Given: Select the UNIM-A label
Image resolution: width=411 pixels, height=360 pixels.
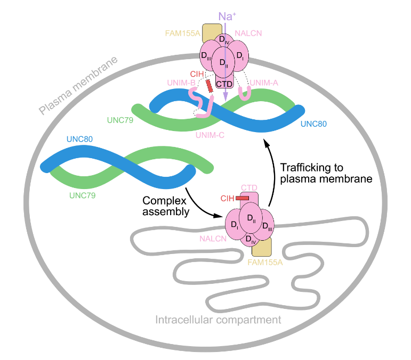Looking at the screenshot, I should point(264,81).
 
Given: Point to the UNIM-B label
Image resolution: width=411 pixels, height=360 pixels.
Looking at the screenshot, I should point(180,82).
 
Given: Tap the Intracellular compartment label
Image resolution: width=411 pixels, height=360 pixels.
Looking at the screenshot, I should point(218,320).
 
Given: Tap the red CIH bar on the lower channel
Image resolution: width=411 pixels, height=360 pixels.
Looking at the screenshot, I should point(242,198).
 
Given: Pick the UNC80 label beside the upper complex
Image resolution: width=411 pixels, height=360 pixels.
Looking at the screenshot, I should point(313,124).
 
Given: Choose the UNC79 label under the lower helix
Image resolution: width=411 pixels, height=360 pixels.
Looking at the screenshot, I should point(83,195).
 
